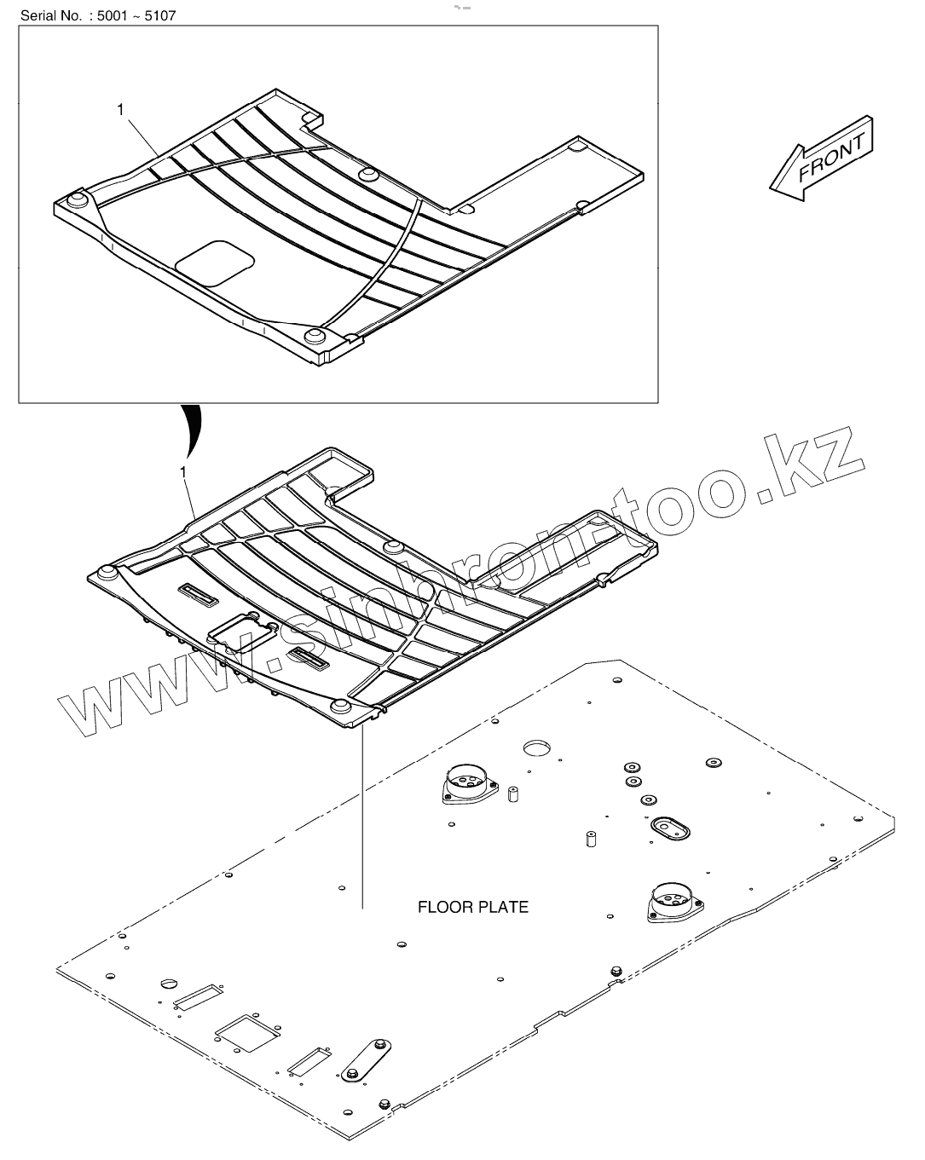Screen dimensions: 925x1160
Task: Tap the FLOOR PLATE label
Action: [x=472, y=907]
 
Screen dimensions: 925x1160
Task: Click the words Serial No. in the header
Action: [x=42, y=15]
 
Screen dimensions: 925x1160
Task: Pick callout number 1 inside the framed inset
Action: [x=120, y=109]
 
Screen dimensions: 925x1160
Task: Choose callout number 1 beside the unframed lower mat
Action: [x=183, y=471]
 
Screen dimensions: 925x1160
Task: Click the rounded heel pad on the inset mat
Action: [x=217, y=262]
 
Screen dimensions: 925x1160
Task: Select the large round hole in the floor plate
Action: [x=538, y=747]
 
